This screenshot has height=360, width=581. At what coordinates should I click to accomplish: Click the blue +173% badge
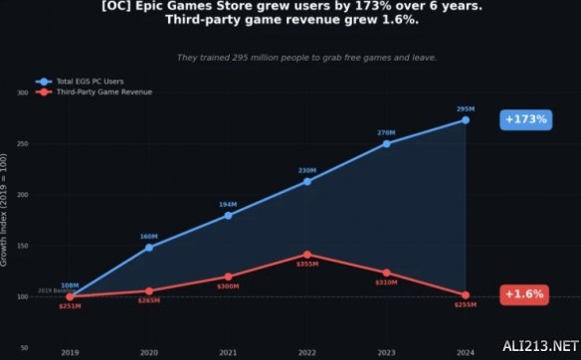click(x=526, y=119)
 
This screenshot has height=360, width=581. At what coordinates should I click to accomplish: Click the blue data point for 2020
click(x=149, y=247)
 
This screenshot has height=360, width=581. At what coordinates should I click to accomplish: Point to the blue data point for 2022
click(x=307, y=181)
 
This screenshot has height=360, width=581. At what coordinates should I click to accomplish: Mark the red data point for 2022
click(x=307, y=255)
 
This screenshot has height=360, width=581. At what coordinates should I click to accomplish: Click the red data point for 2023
click(x=386, y=272)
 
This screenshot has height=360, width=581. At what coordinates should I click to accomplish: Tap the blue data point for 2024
click(x=465, y=120)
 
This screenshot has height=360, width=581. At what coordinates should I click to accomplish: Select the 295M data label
click(x=465, y=108)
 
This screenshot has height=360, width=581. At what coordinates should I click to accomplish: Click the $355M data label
click(x=307, y=265)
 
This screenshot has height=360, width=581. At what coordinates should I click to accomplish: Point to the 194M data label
click(x=228, y=204)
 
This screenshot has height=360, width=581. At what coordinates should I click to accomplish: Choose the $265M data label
click(x=149, y=300)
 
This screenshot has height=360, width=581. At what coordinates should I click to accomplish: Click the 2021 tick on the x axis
click(x=228, y=352)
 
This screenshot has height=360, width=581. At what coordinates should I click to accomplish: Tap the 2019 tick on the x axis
click(x=70, y=352)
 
